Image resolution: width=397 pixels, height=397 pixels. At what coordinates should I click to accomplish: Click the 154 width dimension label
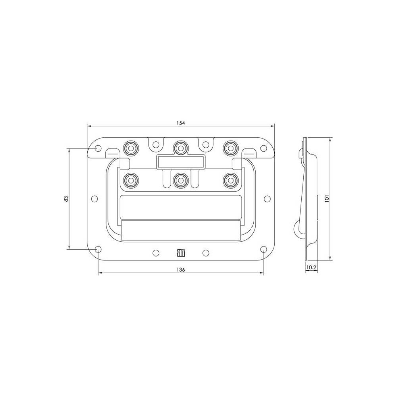pos(181,123)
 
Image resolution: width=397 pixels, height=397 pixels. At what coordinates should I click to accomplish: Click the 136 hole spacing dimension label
pos(181,270)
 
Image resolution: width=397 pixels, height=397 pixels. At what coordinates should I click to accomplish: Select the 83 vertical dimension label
pos(66,198)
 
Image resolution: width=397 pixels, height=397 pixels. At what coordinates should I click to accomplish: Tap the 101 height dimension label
pos(326,198)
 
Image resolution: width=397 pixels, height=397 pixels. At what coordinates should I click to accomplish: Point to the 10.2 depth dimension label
pos(312,268)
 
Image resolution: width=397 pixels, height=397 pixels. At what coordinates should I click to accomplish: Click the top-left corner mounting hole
pos(98,148)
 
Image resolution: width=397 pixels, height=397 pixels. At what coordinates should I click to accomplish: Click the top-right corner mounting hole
pos(263,148)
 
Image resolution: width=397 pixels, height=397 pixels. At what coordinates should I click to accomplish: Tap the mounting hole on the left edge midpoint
pos(94,198)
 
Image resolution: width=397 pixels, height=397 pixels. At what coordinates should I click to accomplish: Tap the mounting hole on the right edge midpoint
pos(267,198)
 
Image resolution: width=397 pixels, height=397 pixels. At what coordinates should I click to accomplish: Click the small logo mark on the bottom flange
pos(181,252)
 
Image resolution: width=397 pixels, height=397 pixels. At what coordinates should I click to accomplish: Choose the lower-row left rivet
pos(130,180)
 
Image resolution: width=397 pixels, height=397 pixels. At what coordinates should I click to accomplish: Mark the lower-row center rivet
pos(181,180)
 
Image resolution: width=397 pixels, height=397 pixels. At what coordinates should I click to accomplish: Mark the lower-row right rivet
pos(230,180)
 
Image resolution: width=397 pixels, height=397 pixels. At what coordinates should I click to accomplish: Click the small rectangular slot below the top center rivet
pos(181,162)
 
